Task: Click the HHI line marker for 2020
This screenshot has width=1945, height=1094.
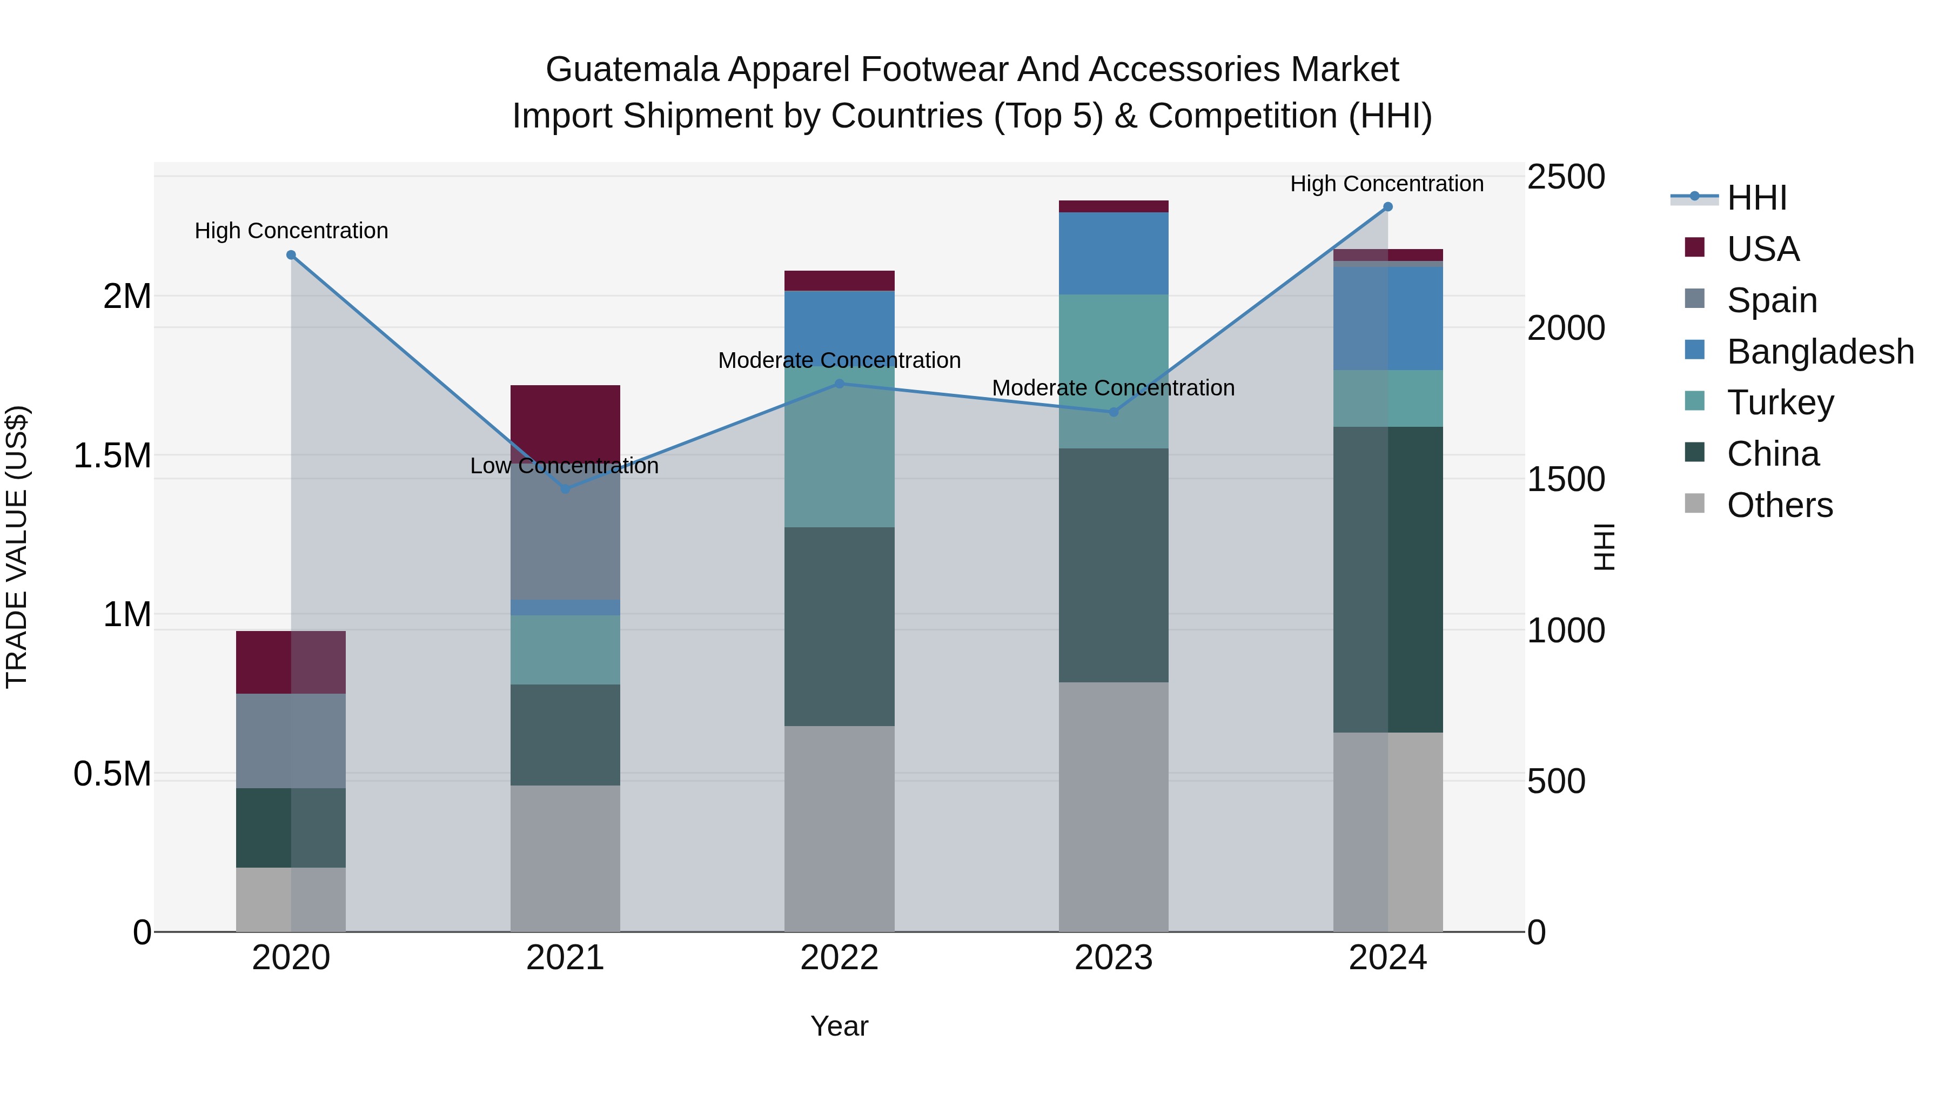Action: pos(291,255)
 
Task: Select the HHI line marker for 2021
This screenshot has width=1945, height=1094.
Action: pos(566,488)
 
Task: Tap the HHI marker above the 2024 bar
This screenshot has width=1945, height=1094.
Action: pos(1388,207)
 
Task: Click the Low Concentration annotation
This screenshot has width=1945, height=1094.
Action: pos(564,466)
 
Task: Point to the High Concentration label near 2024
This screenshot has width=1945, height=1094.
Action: pos(1386,184)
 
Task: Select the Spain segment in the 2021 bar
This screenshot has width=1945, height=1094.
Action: pos(566,536)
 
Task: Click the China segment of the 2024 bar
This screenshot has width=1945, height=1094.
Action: pos(1388,579)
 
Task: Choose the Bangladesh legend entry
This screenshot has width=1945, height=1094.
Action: pos(1820,352)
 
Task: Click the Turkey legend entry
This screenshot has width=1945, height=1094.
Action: pos(1780,402)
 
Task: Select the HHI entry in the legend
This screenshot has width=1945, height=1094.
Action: pos(1756,198)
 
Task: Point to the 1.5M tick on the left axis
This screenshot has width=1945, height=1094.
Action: pos(112,456)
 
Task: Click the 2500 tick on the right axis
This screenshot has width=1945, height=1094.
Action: pos(1565,177)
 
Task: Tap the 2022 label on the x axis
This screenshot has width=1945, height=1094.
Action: pos(839,958)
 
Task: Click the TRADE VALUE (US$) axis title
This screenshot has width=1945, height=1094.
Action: pos(17,547)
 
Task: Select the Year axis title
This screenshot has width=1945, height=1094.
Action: pos(839,1026)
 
